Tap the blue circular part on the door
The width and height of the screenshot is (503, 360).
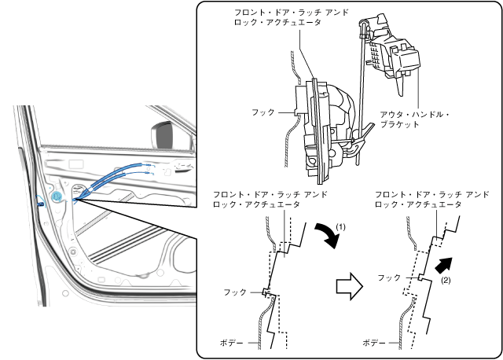[57, 194]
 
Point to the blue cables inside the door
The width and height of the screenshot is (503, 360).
[118, 178]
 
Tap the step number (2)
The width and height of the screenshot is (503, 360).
[445, 279]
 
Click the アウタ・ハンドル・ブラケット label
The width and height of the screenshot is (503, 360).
[414, 119]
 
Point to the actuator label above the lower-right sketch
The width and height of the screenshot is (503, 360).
[431, 198]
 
